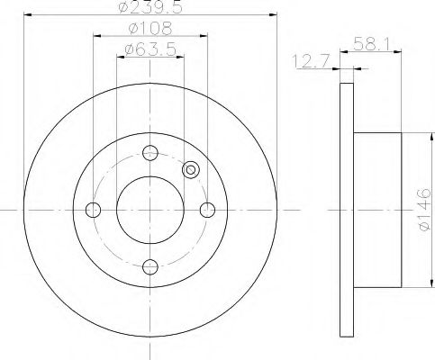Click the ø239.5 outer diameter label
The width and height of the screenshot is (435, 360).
tap(149, 9)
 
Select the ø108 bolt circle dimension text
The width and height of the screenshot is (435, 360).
tap(149, 29)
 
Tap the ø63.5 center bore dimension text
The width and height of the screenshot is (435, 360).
tap(149, 49)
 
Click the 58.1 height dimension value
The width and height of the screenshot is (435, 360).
tap(370, 42)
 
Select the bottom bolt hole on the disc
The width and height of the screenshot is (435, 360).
tap(150, 266)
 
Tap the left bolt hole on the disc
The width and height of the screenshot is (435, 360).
tap(92, 210)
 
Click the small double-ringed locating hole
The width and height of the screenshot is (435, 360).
tap(190, 169)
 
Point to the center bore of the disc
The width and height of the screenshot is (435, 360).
tap(150, 210)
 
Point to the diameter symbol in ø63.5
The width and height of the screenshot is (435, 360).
tap(128, 49)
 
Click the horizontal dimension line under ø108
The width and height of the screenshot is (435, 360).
tap(150, 37)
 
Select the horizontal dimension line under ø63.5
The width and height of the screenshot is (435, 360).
tap(150, 57)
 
